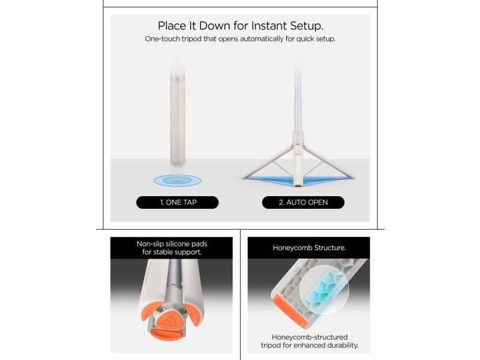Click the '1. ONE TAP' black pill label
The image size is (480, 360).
coord(177,202)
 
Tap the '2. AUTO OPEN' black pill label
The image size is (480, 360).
coord(303,202)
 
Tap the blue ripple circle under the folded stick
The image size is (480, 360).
coord(178,181)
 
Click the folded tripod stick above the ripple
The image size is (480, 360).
coord(178,113)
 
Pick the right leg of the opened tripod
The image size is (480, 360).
coord(329,161)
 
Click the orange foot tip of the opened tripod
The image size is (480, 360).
coord(298,184)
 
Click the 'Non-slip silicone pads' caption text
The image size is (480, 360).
coord(172,244)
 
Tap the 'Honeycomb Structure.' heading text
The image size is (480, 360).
coord(309,248)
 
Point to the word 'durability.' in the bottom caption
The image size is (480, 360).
coord(343,346)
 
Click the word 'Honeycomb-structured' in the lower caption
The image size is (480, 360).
coord(310,337)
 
